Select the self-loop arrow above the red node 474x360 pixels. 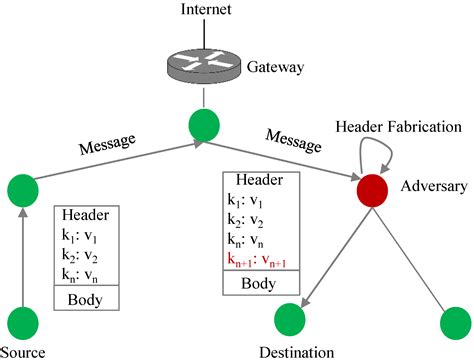coord(379,151)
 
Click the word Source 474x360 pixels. coord(22,351)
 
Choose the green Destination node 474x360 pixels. coord(290,322)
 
